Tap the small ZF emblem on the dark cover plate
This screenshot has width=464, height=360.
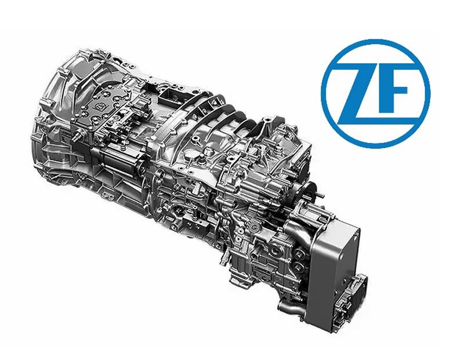pyautogui.click(x=97, y=106)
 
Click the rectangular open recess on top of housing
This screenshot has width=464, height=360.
pyautogui.click(x=169, y=94)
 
